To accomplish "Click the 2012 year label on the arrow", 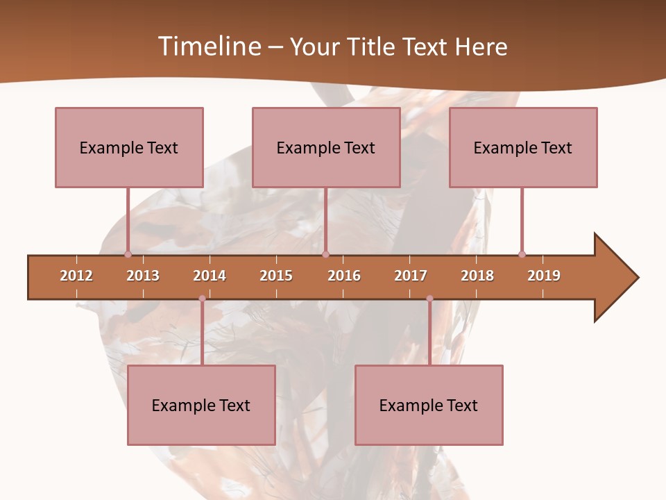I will (x=76, y=276).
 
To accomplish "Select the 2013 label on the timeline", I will (x=143, y=276).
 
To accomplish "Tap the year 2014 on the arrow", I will (x=210, y=276).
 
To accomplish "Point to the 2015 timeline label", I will (x=276, y=276).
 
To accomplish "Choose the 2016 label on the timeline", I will (x=344, y=276).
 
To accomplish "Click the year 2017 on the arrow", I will (x=411, y=276).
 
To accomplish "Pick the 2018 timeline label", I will (x=477, y=276).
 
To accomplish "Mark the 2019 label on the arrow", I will (x=544, y=276).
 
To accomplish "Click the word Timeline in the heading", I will (x=208, y=47).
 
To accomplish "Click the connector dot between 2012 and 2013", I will (x=128, y=254).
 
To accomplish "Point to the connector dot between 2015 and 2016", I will (x=325, y=254).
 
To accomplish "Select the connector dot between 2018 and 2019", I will (x=522, y=254).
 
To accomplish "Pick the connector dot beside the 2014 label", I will (x=202, y=299).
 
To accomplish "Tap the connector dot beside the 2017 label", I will (x=429, y=299).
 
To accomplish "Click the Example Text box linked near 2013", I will (x=129, y=147).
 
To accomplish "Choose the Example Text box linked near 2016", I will (x=326, y=147).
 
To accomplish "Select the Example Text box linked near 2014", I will (x=201, y=405).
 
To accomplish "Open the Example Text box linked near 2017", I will (x=429, y=405).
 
